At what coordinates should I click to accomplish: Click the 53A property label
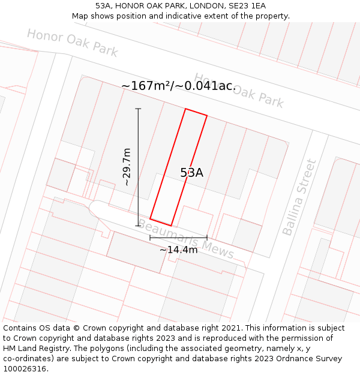pyautogui.click(x=192, y=173)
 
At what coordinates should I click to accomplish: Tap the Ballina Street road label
pyautogui.click(x=298, y=197)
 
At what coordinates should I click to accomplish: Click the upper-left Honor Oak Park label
pyautogui.click(x=72, y=42)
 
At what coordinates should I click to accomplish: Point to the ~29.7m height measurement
pyautogui.click(x=127, y=167)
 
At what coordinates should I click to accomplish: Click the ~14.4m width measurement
pyautogui.click(x=178, y=250)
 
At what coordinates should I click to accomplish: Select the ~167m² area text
pyautogui.click(x=146, y=86)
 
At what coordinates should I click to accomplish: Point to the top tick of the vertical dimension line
pyautogui.click(x=138, y=109)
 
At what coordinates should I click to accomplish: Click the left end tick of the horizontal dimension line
pyautogui.click(x=150, y=238)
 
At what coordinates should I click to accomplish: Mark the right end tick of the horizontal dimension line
pyautogui.click(x=207, y=238)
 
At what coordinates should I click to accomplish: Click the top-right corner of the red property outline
pyautogui.click(x=207, y=115)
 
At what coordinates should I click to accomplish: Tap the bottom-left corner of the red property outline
pyautogui.click(x=150, y=218)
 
